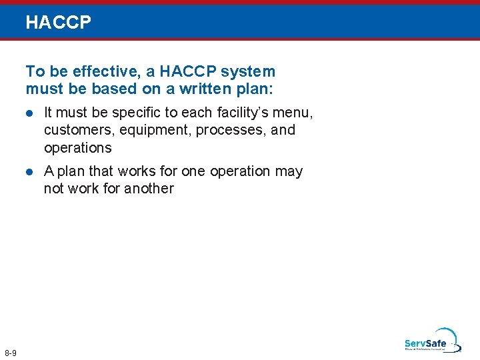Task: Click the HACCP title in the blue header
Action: tap(58, 23)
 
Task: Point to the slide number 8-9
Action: tap(11, 352)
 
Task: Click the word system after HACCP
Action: tap(249, 71)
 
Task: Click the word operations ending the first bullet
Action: tap(77, 147)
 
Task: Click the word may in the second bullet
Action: tap(289, 171)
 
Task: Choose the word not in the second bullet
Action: tap(53, 189)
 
